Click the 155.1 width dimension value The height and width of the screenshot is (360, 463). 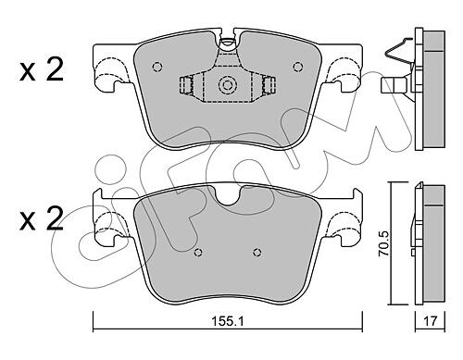coord(228,321)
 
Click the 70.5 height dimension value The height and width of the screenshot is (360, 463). coord(384,243)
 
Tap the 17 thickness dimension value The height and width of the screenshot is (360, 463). coord(430,321)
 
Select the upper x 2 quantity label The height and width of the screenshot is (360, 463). coord(42,69)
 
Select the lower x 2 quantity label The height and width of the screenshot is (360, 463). coord(42,218)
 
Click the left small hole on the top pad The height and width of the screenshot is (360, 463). coord(157,67)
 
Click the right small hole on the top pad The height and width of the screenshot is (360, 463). coord(298,67)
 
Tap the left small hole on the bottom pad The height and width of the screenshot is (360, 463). coord(198,253)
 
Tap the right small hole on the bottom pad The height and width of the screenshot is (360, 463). coord(257,253)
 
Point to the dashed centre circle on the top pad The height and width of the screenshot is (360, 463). coord(227,84)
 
